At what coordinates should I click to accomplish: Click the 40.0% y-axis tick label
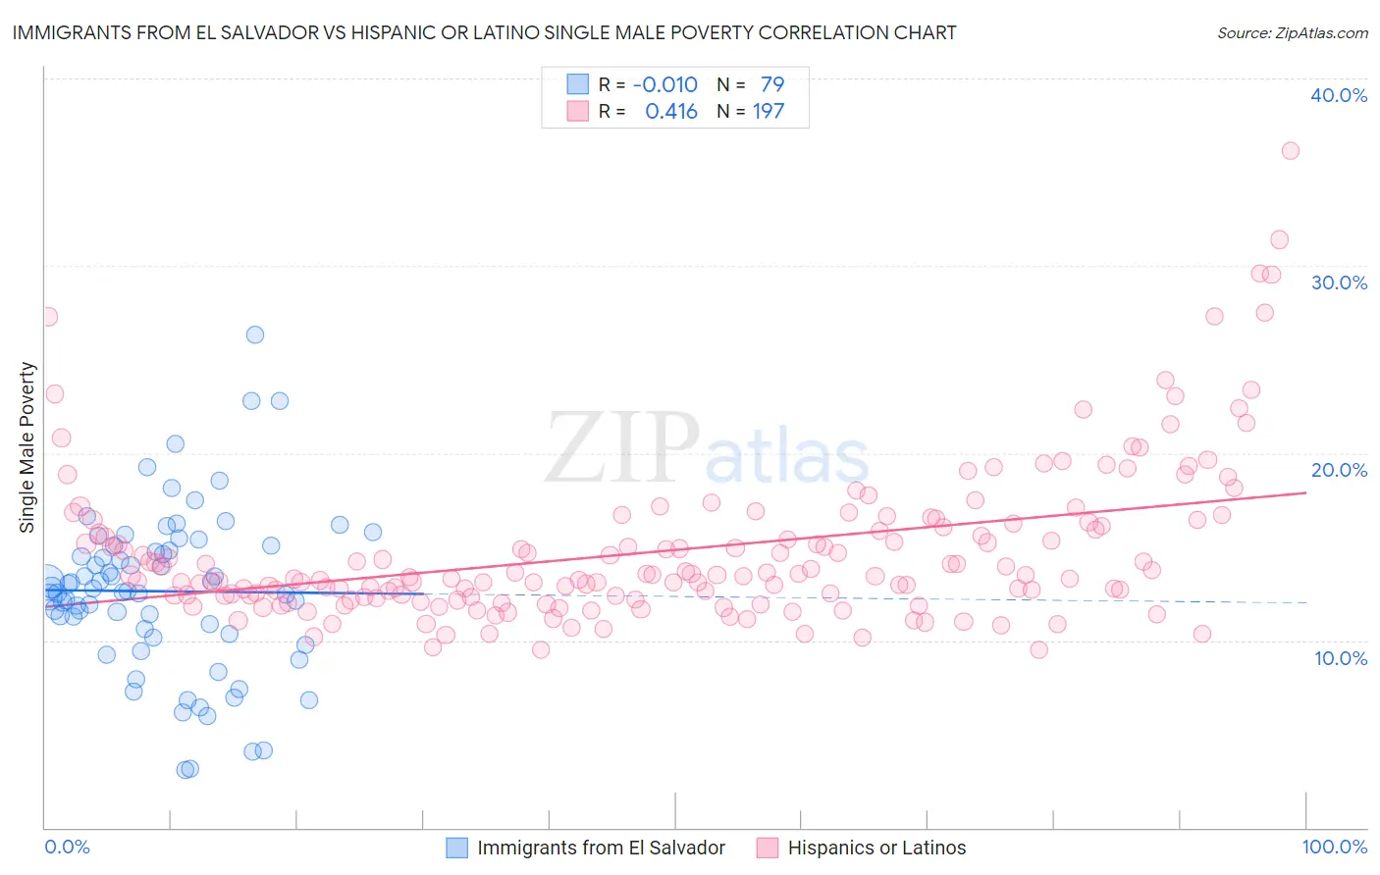(x=1339, y=95)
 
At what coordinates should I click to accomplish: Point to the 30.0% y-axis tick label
(x=1339, y=283)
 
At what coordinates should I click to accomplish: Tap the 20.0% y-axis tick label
(x=1339, y=470)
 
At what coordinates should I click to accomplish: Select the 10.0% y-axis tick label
(x=1341, y=658)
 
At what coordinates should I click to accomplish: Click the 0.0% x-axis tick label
(x=67, y=847)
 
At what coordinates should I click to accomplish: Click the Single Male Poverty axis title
(x=27, y=447)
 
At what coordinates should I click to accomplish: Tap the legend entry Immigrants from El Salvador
(x=601, y=848)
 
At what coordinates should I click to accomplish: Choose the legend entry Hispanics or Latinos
(x=876, y=848)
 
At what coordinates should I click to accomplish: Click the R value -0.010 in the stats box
(x=664, y=84)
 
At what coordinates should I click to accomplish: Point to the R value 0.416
(x=671, y=112)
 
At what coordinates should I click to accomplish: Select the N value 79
(x=772, y=84)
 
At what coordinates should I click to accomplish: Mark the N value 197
(x=769, y=112)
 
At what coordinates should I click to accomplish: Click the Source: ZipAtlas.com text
(x=1292, y=33)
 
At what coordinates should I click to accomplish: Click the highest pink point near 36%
(x=1290, y=151)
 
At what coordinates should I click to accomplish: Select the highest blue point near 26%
(x=255, y=335)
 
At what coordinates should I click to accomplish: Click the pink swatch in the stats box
(x=577, y=112)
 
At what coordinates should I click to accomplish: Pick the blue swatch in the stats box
(x=577, y=84)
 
